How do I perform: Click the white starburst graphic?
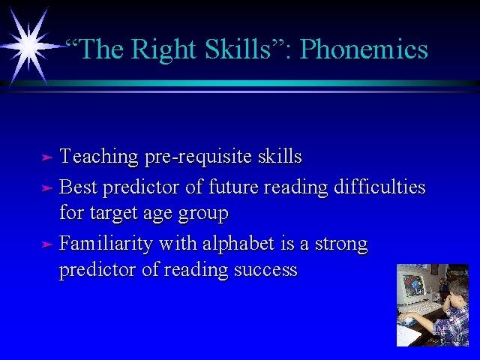(30, 46)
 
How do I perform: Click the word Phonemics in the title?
(363, 49)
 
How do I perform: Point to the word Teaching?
(99, 157)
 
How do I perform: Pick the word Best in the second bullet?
(78, 186)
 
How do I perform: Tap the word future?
(233, 186)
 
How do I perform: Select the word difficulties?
(379, 186)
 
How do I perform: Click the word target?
(113, 213)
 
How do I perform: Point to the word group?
(203, 214)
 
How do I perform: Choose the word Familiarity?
(106, 244)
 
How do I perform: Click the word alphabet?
(238, 243)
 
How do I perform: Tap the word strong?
(341, 244)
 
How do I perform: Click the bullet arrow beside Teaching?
(46, 157)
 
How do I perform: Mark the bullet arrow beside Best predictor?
(46, 187)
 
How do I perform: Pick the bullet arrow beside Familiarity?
(46, 244)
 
